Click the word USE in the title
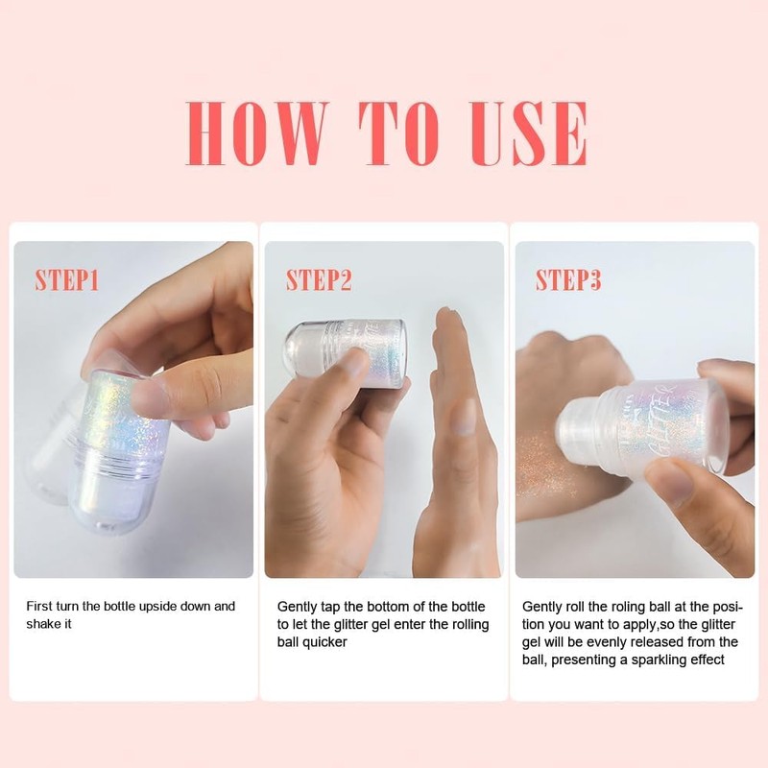point(529,133)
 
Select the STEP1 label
point(66,280)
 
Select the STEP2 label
point(319,280)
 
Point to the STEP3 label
point(568,280)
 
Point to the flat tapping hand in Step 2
point(457,441)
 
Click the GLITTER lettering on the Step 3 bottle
point(662,420)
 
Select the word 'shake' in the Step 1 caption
point(41,624)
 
